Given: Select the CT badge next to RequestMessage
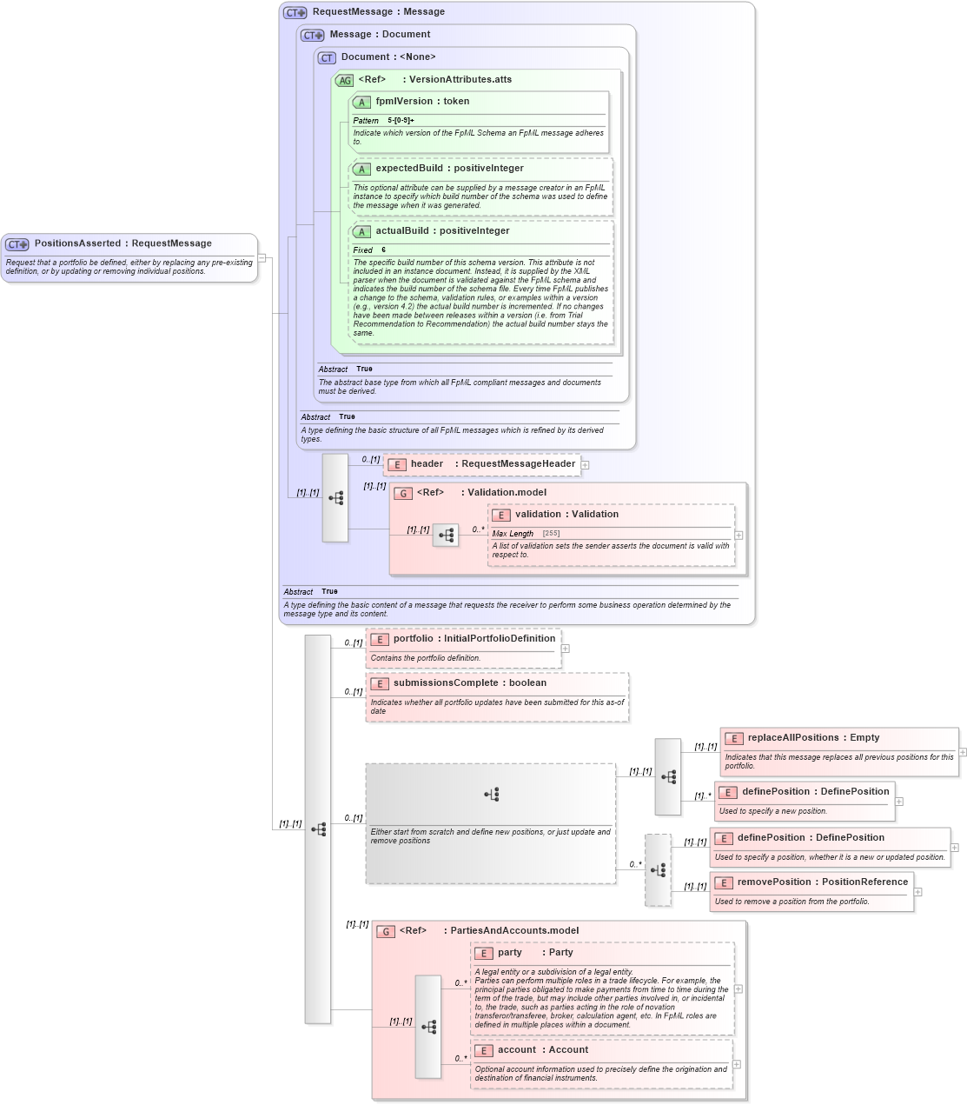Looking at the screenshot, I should point(295,13).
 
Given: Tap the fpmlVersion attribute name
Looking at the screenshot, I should point(404,102).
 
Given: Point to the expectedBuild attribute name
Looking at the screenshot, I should point(409,169).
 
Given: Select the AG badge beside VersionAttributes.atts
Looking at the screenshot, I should point(345,81).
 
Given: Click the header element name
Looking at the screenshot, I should point(427,464).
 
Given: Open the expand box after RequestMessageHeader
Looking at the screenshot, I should point(585,465).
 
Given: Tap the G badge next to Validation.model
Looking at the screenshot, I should point(403,494).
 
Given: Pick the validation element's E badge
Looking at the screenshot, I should point(500,516).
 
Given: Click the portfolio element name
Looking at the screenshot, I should point(413,639).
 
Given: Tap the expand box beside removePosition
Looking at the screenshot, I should point(917,892).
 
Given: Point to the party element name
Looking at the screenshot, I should point(510,953).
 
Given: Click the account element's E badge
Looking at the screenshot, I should point(483,1051).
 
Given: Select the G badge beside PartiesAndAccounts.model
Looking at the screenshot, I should point(386,932).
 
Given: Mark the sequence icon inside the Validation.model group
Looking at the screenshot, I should point(446,536).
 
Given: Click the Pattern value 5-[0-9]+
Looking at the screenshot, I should point(401,121).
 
